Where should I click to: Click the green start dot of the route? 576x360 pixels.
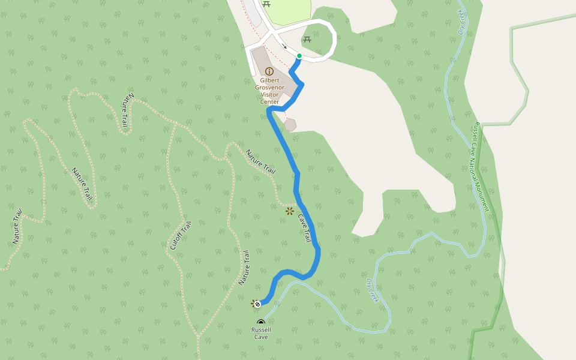click(299, 56)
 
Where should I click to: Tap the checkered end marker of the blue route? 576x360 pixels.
click(257, 304)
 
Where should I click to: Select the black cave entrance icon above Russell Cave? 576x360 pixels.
click(261, 323)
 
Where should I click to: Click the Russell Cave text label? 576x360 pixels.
click(261, 333)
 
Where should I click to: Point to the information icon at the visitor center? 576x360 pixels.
click(269, 71)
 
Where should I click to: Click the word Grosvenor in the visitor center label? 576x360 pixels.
click(269, 88)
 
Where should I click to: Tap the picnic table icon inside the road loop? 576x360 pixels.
click(307, 40)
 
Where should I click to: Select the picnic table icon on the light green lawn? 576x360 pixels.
click(266, 4)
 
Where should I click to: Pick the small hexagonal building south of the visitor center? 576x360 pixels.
click(290, 125)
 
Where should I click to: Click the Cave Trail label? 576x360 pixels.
click(304, 228)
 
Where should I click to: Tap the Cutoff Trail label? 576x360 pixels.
click(180, 236)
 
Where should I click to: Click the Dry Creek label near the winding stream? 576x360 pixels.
click(373, 290)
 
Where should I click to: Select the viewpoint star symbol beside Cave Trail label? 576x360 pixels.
click(290, 211)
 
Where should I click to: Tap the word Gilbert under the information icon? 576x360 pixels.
click(269, 80)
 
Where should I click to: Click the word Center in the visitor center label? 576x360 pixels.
click(269, 102)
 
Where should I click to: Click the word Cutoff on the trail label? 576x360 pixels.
click(176, 243)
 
